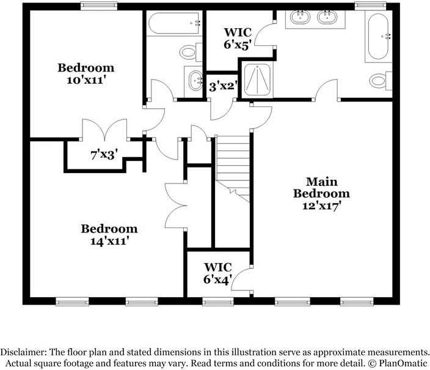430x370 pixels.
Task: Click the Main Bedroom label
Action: [x=321, y=188]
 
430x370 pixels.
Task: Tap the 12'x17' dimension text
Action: [x=322, y=206]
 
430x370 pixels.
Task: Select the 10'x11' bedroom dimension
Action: [x=86, y=80]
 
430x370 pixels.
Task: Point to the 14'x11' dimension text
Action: [x=109, y=241]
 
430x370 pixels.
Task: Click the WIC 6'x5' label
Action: [x=238, y=39]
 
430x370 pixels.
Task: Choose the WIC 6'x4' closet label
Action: [x=218, y=273]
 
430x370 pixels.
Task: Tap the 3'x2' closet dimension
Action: [x=222, y=87]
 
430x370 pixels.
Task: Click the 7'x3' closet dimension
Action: [x=104, y=155]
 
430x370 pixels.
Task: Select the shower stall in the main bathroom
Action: [x=257, y=80]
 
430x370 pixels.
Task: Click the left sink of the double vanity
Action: [x=301, y=17]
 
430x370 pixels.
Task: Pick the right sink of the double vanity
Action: [x=327, y=17]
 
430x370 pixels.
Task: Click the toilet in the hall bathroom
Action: [x=191, y=52]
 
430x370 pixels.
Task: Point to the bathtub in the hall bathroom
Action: [x=174, y=23]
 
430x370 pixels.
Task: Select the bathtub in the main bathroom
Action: [x=379, y=36]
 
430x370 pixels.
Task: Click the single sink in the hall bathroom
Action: [x=195, y=81]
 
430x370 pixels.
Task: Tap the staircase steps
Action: [x=233, y=168]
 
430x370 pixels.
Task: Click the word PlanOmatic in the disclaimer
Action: [x=403, y=363]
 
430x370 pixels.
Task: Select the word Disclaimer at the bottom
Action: [x=21, y=352]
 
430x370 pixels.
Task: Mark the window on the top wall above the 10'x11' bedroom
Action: [x=99, y=6]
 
